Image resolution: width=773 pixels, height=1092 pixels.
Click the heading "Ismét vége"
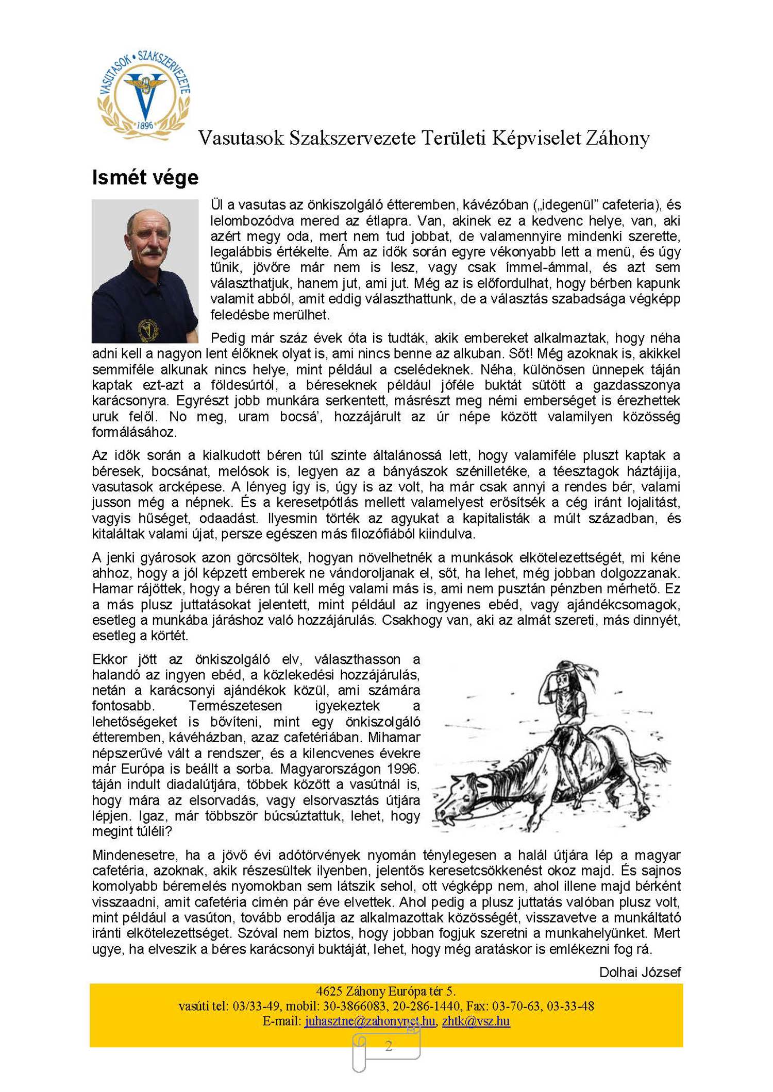[145, 178]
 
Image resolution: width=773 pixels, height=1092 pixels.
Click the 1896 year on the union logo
[145, 125]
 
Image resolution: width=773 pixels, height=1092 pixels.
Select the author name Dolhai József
[640, 972]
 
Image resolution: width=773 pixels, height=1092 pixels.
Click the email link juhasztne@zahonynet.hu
[369, 1021]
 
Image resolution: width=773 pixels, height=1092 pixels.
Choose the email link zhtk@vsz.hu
[476, 1021]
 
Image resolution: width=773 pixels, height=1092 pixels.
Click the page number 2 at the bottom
[389, 1046]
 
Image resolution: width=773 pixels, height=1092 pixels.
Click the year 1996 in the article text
[402, 769]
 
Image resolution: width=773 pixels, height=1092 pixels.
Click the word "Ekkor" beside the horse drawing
[109, 659]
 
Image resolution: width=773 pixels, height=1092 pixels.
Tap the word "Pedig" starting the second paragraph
[228, 338]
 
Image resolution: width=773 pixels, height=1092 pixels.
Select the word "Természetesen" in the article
[236, 706]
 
